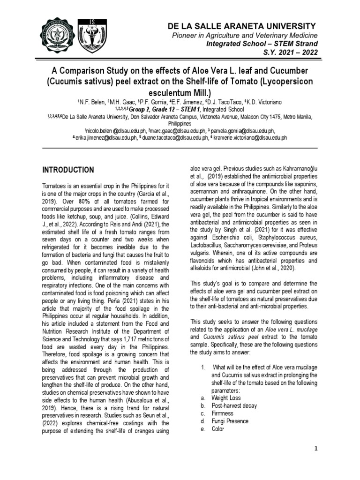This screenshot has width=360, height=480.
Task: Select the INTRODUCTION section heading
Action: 68,170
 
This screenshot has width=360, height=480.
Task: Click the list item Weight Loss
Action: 226,398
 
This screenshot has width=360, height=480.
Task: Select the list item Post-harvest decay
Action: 234,406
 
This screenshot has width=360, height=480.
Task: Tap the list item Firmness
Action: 222,413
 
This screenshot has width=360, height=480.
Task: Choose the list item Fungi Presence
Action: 230,421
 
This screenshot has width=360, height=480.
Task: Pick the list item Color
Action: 218,429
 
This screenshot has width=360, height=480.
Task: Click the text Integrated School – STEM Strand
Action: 262,44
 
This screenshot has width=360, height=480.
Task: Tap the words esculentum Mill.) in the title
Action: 180,92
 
